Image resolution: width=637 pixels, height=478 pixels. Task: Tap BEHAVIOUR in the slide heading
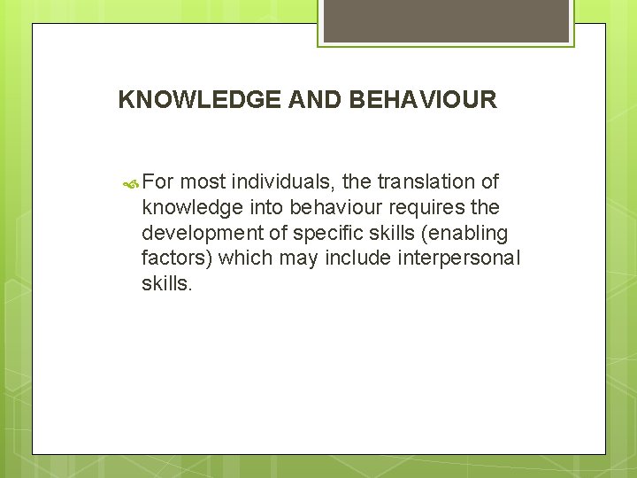(x=423, y=99)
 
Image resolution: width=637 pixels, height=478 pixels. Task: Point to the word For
(x=159, y=182)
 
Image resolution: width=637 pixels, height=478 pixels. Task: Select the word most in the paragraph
(x=203, y=182)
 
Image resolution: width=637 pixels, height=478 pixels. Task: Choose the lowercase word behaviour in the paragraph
(x=331, y=208)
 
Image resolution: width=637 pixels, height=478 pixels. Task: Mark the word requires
(x=426, y=208)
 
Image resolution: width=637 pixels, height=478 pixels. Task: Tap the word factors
(x=176, y=258)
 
